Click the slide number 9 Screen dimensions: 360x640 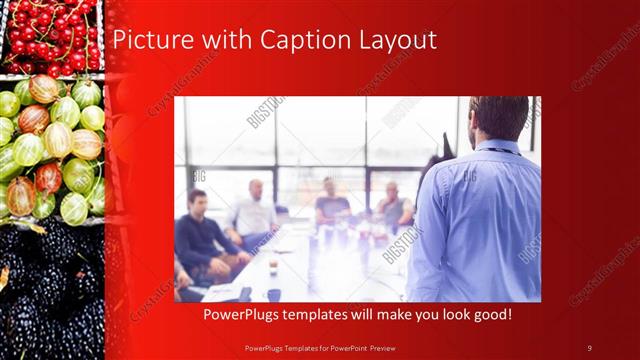(589, 347)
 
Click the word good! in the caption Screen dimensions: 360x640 (490, 315)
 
